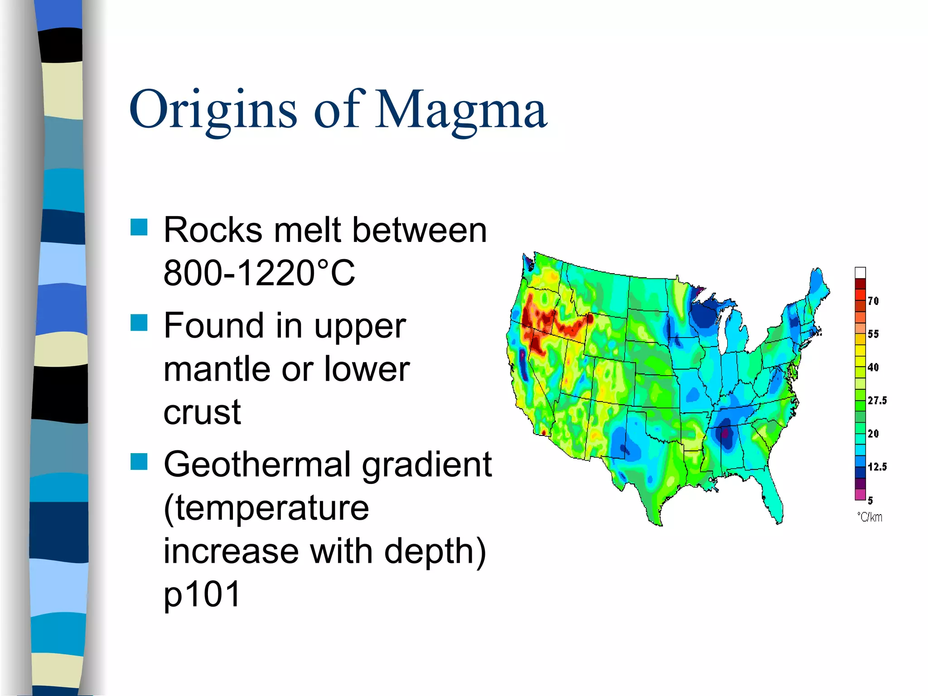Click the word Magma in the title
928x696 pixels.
(461, 110)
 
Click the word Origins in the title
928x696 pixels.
(213, 110)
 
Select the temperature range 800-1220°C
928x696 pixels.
(259, 273)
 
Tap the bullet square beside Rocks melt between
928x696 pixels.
(139, 227)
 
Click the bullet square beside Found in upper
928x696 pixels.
(139, 323)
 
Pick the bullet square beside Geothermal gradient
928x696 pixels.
(139, 462)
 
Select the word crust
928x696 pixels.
(202, 412)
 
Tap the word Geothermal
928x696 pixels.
(258, 465)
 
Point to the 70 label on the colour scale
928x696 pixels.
(873, 301)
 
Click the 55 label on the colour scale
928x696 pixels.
(873, 334)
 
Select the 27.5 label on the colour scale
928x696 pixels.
(877, 400)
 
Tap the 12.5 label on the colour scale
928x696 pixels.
(877, 467)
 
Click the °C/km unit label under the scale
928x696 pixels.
(870, 517)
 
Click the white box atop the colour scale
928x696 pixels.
(860, 273)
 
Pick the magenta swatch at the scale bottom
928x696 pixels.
(860, 495)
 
